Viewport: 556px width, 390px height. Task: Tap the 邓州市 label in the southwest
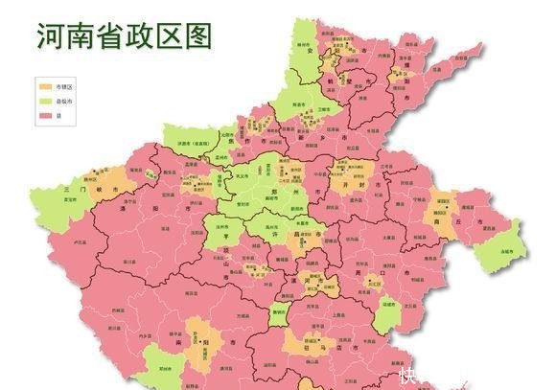pyautogui.click(x=156, y=368)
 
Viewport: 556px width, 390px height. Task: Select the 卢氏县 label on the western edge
pyautogui.click(x=80, y=245)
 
